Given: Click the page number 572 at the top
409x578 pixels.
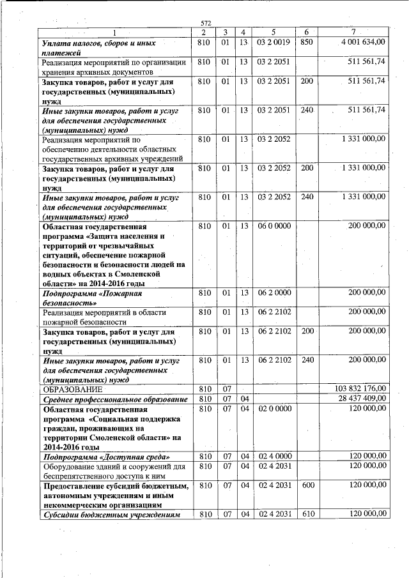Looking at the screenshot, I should click(x=205, y=24).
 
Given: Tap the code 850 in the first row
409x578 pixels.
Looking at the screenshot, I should click(x=307, y=42).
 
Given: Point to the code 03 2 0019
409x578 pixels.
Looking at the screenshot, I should click(x=274, y=42).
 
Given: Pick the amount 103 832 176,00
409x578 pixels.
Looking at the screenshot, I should click(x=360, y=389).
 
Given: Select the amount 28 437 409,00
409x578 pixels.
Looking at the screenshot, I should click(x=362, y=399).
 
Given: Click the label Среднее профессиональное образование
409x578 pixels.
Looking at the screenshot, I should click(x=114, y=399).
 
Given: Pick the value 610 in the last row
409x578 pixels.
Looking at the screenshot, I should click(x=307, y=514).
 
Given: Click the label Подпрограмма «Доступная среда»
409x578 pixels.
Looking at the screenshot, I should click(x=105, y=457).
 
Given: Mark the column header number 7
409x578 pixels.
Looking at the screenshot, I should click(x=353, y=33).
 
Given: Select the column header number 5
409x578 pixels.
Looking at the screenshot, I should click(x=273, y=33).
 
